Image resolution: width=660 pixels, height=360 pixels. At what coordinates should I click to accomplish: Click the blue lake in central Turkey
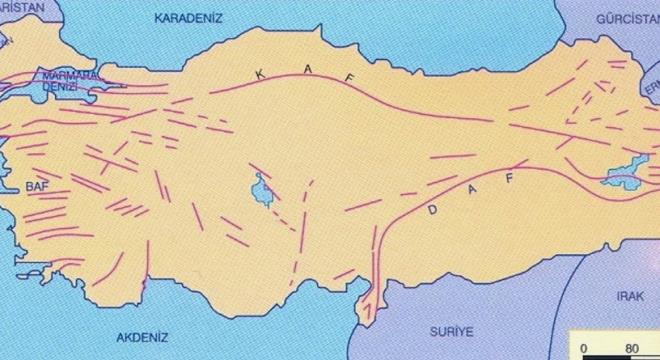(x=262, y=189)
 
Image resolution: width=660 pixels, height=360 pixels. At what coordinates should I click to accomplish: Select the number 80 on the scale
(x=632, y=349)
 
